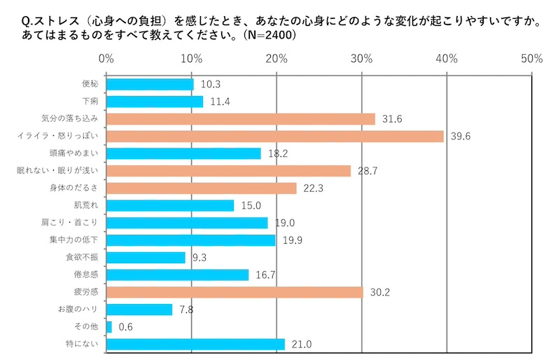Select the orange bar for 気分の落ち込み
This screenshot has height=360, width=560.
(x=241, y=119)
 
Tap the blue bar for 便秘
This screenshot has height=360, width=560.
(x=150, y=84)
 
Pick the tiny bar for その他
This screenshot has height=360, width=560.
(x=109, y=326)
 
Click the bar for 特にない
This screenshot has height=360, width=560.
(x=196, y=344)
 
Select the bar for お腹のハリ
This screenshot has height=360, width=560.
(x=139, y=309)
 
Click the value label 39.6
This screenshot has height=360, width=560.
(x=462, y=136)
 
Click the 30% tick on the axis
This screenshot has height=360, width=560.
(x=361, y=59)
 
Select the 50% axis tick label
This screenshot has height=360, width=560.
(x=531, y=59)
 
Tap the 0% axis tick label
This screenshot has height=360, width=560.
(x=106, y=59)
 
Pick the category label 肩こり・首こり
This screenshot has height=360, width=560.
(x=73, y=223)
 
